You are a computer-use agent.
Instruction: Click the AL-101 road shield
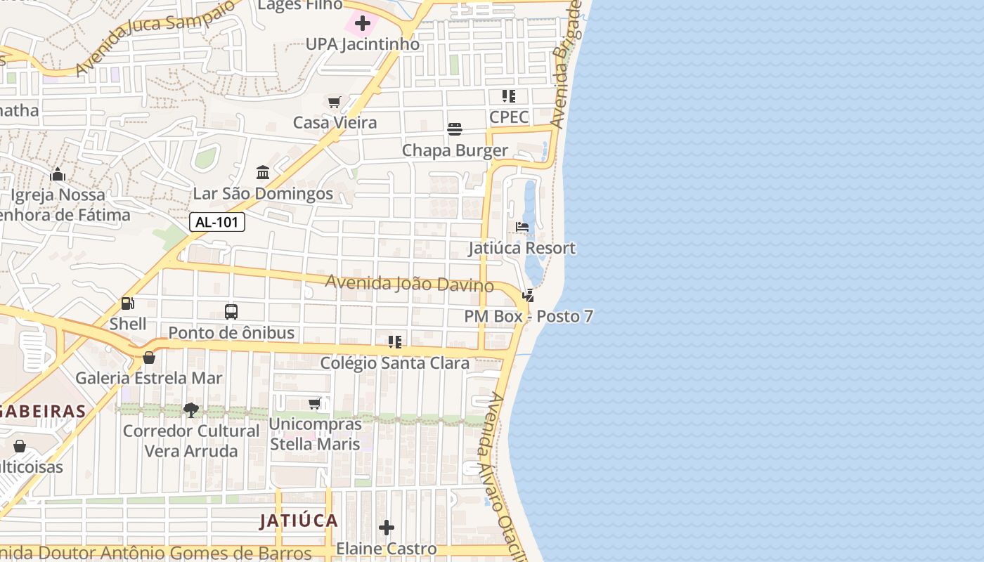217,223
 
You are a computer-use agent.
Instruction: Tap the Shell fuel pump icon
127,303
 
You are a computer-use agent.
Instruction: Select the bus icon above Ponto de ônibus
231,311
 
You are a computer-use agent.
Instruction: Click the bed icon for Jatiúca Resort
522,227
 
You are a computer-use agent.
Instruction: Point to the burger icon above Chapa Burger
455,129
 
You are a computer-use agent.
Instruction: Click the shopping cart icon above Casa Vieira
335,103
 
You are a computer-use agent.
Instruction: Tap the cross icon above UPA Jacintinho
363,23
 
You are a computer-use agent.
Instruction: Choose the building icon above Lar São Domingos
263,172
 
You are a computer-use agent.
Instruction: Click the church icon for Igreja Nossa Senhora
58,174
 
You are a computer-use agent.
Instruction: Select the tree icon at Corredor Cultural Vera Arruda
190,410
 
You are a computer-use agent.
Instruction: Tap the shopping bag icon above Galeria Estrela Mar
149,358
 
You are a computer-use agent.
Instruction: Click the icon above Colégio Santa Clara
395,342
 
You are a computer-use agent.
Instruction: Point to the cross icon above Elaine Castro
387,528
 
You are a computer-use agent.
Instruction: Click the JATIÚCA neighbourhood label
299,521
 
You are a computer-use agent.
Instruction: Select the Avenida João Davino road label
409,283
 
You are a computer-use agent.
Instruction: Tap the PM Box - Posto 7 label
529,316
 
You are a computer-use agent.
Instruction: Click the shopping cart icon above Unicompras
315,403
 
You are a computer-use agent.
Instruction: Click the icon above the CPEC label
509,96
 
